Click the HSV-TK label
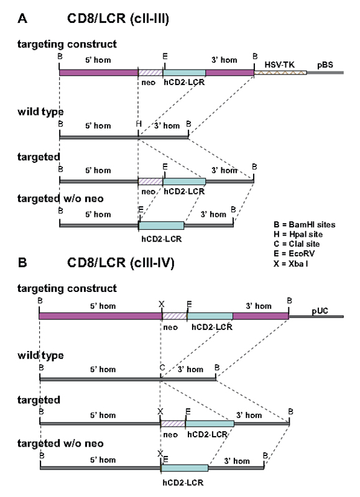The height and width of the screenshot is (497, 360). (x=279, y=65)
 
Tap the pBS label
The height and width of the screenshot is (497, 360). (x=325, y=65)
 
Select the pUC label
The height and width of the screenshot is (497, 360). (x=320, y=311)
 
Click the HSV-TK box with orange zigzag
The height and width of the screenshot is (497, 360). (x=280, y=73)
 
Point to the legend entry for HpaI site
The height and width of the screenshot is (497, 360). (x=298, y=234)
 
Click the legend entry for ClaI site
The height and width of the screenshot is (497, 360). (x=297, y=244)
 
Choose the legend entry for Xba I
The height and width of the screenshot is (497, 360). (x=290, y=263)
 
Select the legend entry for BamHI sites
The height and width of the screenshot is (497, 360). (x=304, y=225)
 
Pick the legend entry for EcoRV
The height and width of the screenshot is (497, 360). (x=294, y=253)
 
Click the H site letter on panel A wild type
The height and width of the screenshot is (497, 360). (x=139, y=124)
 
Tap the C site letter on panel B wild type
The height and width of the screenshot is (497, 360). (x=162, y=368)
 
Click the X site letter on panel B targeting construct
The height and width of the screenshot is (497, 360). (x=162, y=304)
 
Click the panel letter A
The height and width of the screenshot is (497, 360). (x=22, y=19)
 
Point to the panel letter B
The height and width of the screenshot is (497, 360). (x=22, y=262)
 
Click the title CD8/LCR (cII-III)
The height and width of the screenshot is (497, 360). (x=118, y=19)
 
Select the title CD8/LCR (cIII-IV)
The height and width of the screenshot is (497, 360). (x=121, y=263)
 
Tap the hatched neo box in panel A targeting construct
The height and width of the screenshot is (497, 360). (x=150, y=73)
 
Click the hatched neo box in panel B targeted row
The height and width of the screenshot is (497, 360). (x=173, y=424)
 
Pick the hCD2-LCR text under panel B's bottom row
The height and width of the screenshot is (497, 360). (x=183, y=483)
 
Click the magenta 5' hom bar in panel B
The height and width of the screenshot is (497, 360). (x=101, y=316)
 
